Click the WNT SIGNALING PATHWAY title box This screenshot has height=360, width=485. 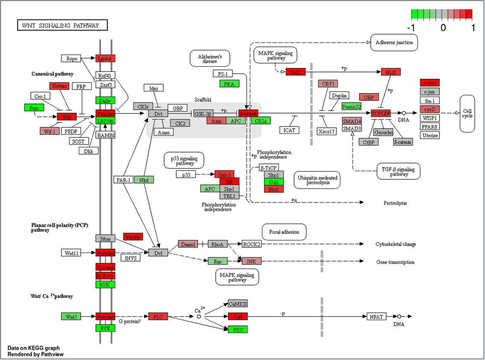[x=62, y=26]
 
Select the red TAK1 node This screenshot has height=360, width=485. [x=296, y=72]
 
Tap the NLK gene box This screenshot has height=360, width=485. [x=391, y=72]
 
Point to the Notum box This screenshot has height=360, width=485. [x=59, y=86]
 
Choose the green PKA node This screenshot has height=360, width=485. [x=229, y=84]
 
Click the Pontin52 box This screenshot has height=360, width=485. [x=351, y=106]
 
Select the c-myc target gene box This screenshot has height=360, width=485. [x=430, y=83]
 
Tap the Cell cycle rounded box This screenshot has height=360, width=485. [x=468, y=114]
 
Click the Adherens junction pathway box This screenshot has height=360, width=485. [x=394, y=42]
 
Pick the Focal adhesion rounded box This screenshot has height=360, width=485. [x=284, y=232]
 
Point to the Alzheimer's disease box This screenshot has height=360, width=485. [x=210, y=58]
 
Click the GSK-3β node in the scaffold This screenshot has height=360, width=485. [x=203, y=114]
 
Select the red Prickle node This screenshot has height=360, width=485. [x=133, y=237]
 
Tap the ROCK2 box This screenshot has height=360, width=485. [x=252, y=244]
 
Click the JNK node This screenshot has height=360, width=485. [x=252, y=261]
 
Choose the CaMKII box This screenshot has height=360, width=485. [x=238, y=304]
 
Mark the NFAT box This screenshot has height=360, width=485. [x=376, y=317]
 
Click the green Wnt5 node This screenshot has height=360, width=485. [x=71, y=317]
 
